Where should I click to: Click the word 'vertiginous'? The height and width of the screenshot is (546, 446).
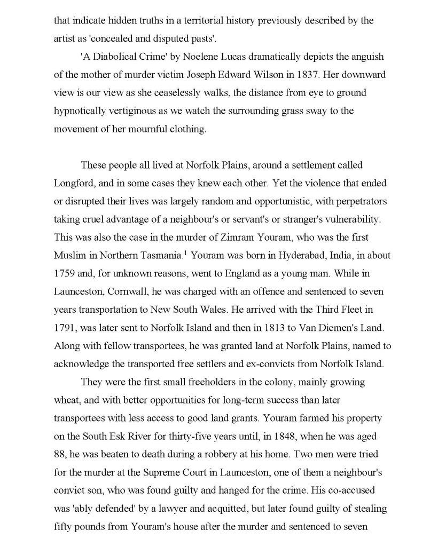coord(142,111)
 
